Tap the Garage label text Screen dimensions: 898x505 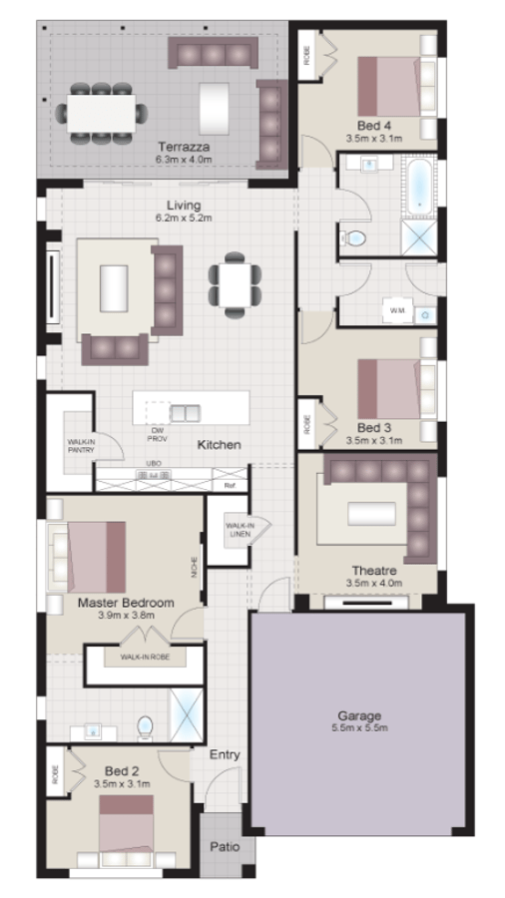[x=359, y=715]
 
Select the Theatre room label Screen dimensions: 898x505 [x=374, y=570]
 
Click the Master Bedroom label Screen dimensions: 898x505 [x=126, y=603]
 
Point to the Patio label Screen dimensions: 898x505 [x=225, y=847]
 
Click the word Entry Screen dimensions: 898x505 [x=225, y=755]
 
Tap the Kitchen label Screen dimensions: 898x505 [x=219, y=444]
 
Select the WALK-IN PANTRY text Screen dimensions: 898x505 [x=80, y=444]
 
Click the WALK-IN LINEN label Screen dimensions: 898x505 [x=240, y=528]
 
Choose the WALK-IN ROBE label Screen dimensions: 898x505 [x=144, y=659]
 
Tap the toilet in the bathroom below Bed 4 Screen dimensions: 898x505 [x=354, y=237]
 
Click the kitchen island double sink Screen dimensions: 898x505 [x=184, y=412]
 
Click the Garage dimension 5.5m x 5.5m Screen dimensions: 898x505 [x=359, y=728]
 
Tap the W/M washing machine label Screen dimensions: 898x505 [x=395, y=313]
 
